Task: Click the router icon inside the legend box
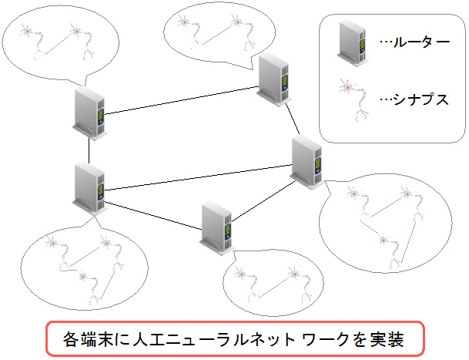352,42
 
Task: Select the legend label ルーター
420,42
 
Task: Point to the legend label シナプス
420,99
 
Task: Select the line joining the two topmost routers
182,100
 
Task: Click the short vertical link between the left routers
89,150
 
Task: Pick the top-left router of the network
90,113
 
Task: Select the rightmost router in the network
307,163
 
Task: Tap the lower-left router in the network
90,188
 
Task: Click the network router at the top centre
273,80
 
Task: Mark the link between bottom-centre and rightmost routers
264,201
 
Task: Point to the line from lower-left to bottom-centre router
153,216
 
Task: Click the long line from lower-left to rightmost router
199,177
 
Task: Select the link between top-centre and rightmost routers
293,119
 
